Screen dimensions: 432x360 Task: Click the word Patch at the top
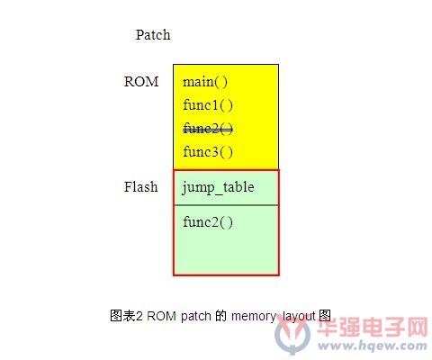pos(153,35)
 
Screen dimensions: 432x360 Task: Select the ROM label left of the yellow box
pos(141,82)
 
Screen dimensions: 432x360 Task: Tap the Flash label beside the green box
pos(140,186)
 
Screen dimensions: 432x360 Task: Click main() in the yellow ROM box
pos(205,82)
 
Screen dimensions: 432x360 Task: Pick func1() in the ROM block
pos(208,105)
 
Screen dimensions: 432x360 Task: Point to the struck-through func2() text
pos(208,129)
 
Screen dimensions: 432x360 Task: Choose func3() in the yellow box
pos(208,152)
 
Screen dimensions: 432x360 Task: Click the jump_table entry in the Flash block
pos(218,188)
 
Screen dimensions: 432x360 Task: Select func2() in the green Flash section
pos(208,222)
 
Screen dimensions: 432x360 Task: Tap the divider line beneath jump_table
pos(226,205)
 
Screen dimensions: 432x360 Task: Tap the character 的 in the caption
pos(221,316)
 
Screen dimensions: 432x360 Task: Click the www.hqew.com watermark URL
pos(373,346)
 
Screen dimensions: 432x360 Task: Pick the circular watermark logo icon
pos(292,334)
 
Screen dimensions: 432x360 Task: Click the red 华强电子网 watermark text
pos(373,328)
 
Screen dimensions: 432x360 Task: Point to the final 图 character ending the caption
pos(325,316)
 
